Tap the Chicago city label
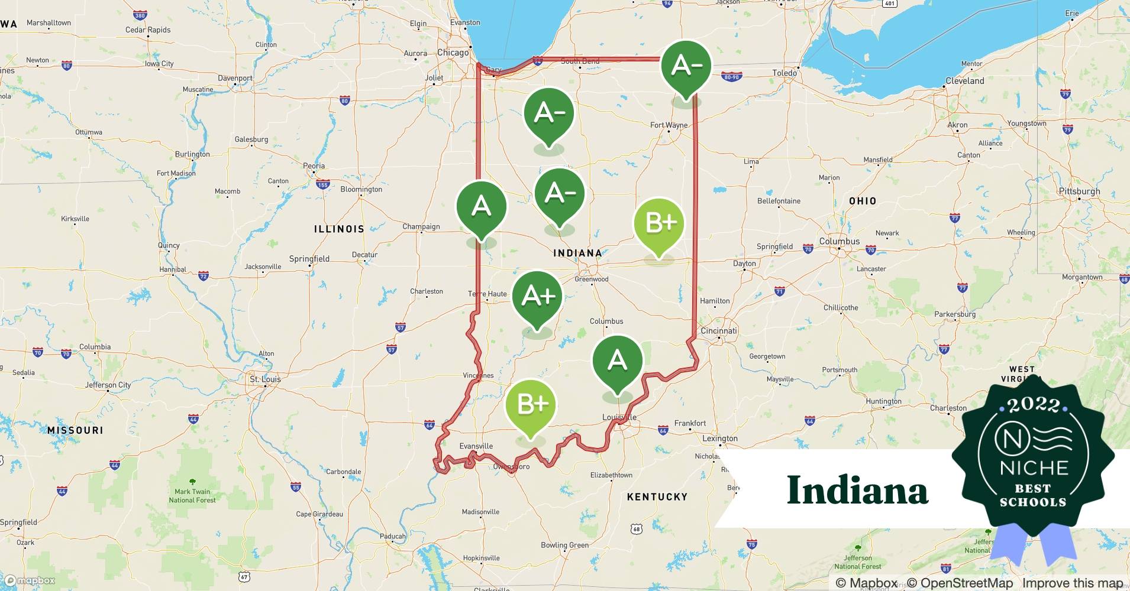[453, 53]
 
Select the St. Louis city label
[265, 379]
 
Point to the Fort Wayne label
[669, 125]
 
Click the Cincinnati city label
[719, 331]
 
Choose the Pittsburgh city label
[1080, 191]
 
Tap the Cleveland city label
[964, 81]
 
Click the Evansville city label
[476, 446]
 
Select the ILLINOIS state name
[339, 229]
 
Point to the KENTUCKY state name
[657, 497]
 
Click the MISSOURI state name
[75, 430]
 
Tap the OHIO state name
[863, 201]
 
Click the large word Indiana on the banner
[857, 490]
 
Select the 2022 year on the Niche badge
[1034, 405]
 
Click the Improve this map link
[1073, 583]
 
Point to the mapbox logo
[30, 580]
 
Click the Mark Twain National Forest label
[192, 495]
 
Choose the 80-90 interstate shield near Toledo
[731, 77]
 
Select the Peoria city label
[314, 166]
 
